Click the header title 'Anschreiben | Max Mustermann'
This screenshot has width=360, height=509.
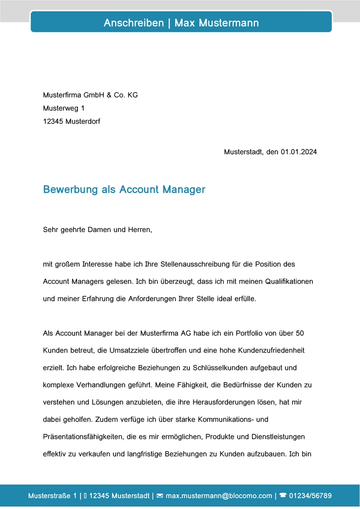(181, 23)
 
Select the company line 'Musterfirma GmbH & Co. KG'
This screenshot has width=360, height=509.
(90, 95)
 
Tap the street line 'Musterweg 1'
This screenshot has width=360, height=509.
(63, 108)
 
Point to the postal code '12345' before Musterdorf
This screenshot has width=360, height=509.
(53, 121)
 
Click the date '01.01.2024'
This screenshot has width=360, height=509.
(299, 152)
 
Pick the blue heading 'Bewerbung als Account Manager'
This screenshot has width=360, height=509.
(124, 189)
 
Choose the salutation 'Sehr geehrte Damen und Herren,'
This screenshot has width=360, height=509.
(98, 230)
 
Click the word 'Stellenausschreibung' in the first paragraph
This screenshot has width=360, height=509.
(189, 264)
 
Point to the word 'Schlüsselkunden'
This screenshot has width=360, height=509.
(218, 368)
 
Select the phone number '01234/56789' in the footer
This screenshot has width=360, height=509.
(310, 496)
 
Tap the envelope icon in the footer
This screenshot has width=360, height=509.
(159, 496)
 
